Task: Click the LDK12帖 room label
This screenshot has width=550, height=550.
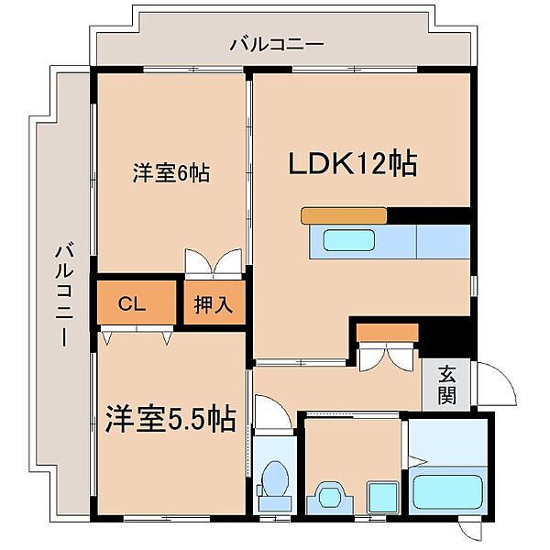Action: click(353, 163)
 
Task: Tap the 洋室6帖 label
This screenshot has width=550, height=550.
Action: click(171, 172)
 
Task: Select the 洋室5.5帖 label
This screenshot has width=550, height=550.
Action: click(170, 419)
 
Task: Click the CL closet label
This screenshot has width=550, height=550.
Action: click(131, 303)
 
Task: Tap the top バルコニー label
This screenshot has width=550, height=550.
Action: click(277, 45)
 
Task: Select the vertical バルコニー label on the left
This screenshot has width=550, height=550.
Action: click(64, 296)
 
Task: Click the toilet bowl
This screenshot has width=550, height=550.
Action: click(275, 479)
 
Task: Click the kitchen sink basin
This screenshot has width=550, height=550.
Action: click(348, 240)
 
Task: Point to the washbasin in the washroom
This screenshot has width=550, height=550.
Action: click(330, 494)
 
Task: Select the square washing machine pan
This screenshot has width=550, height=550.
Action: click(382, 497)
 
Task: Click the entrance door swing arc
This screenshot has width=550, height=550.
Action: click(505, 375)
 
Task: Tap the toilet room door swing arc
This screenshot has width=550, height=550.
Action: click(280, 407)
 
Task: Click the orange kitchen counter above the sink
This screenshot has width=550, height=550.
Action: click(344, 215)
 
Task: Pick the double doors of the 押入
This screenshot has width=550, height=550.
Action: click(214, 263)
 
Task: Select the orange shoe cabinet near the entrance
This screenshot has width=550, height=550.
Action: click(388, 333)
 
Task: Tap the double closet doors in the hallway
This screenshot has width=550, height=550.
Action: click(386, 357)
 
